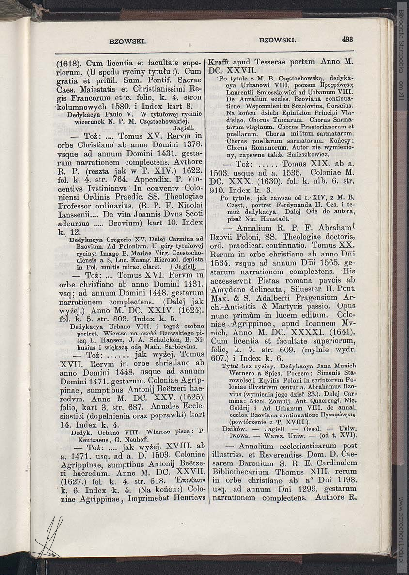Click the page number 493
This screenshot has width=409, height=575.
[347, 40]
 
